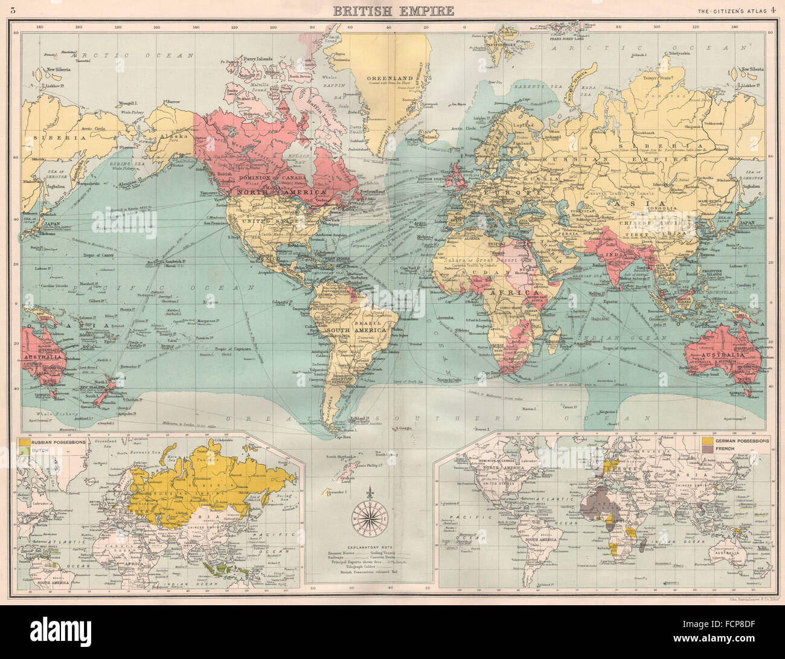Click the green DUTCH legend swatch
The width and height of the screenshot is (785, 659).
click(24, 451)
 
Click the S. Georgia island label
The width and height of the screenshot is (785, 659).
click(403, 428)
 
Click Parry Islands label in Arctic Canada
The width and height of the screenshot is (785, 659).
click(258, 59)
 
